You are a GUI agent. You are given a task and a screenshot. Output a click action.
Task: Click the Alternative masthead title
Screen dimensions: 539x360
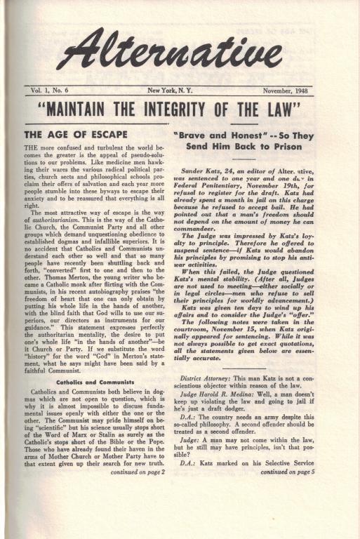pyautogui.click(x=184, y=54)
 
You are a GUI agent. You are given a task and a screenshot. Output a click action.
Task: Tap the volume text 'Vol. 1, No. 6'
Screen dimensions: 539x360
pyautogui.click(x=53, y=91)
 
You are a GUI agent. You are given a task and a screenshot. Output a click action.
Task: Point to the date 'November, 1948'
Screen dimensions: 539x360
pyautogui.click(x=288, y=91)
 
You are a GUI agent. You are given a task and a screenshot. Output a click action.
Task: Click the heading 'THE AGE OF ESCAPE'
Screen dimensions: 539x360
pyautogui.click(x=76, y=134)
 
